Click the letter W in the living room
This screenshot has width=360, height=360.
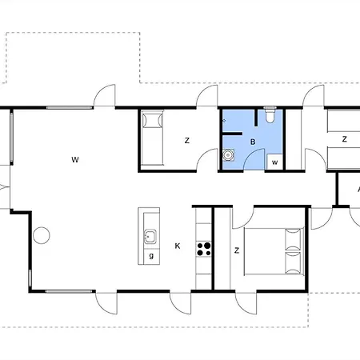[x=75, y=160]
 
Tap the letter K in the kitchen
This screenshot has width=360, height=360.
[x=178, y=246]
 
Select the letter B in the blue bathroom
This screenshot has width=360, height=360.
[x=253, y=142]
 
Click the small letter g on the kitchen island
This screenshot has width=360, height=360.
[x=151, y=256]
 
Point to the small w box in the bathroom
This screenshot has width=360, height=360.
[x=274, y=162]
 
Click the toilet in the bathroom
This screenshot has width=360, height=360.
[x=270, y=114]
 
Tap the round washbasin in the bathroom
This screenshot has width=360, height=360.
[x=228, y=155]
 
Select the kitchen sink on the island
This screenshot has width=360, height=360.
[x=150, y=236]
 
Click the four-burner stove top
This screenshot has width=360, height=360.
[x=204, y=250]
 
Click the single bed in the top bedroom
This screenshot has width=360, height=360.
[x=152, y=138]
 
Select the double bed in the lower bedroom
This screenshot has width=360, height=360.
[x=274, y=251]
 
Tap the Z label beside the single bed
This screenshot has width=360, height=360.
[x=187, y=141]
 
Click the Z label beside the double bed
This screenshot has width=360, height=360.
[x=237, y=250]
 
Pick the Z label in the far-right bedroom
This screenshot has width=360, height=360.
[x=345, y=139]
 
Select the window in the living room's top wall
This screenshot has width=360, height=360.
[x=70, y=108]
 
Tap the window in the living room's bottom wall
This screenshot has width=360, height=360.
[x=69, y=291]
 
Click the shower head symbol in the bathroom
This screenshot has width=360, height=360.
[x=224, y=121]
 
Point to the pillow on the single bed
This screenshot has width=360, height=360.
[x=152, y=121]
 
